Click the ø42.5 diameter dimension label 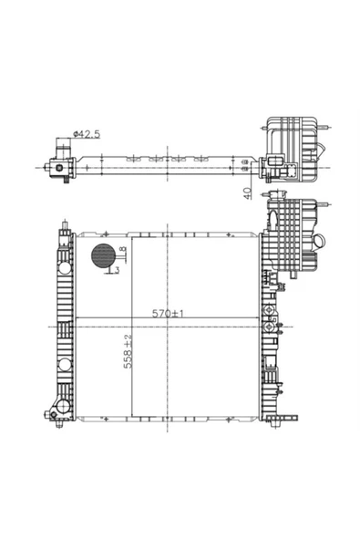pyautogui.click(x=87, y=133)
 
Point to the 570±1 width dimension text pyautogui.click(x=168, y=313)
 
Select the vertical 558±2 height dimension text pyautogui.click(x=128, y=351)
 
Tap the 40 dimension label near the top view pyautogui.click(x=247, y=193)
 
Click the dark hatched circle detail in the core pyautogui.click(x=103, y=255)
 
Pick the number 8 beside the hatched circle pyautogui.click(x=123, y=250)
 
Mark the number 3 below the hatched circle pyautogui.click(x=117, y=270)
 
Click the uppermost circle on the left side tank pyautogui.click(x=65, y=267)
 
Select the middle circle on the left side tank pyautogui.click(x=65, y=364)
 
